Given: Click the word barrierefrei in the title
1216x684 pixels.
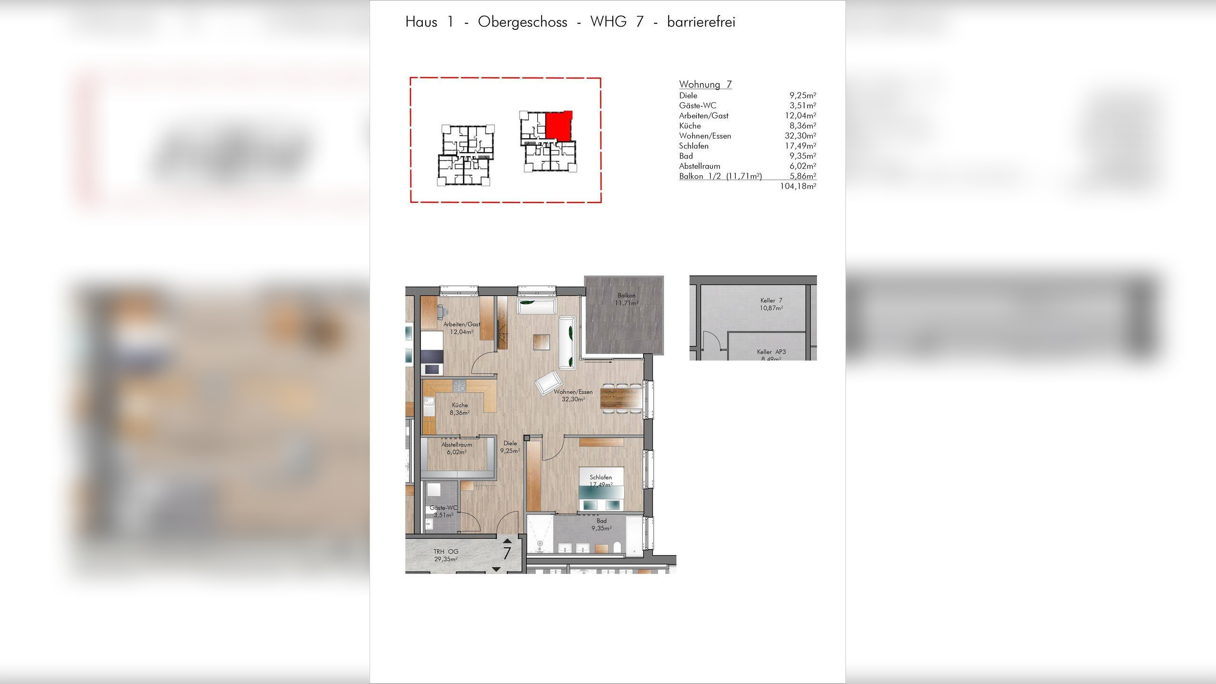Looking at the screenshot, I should click(x=701, y=22).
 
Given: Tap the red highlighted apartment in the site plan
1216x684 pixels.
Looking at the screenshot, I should click(x=558, y=126).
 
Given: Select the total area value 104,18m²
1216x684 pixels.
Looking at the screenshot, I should click(x=798, y=186).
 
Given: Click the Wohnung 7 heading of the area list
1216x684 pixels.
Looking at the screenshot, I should click(x=705, y=85).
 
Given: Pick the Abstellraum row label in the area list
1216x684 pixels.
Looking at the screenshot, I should click(x=699, y=166).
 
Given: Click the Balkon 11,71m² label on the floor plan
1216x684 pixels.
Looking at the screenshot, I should click(x=626, y=299).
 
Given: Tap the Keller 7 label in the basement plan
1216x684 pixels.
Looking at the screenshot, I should click(x=771, y=304).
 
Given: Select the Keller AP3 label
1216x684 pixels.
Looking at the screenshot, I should click(x=771, y=352).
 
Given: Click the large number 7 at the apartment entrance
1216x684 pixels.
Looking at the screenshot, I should click(x=507, y=553).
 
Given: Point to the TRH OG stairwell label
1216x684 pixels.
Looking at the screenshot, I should click(x=446, y=555).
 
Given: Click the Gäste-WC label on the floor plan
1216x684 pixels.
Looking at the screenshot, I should click(x=443, y=511).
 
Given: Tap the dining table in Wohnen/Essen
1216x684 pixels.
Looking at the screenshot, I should click(x=621, y=398).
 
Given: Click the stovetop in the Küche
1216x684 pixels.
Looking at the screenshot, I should click(x=459, y=385).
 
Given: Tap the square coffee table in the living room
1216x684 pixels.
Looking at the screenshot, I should click(x=541, y=342).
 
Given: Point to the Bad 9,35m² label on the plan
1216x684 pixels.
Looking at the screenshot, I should click(x=601, y=524).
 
